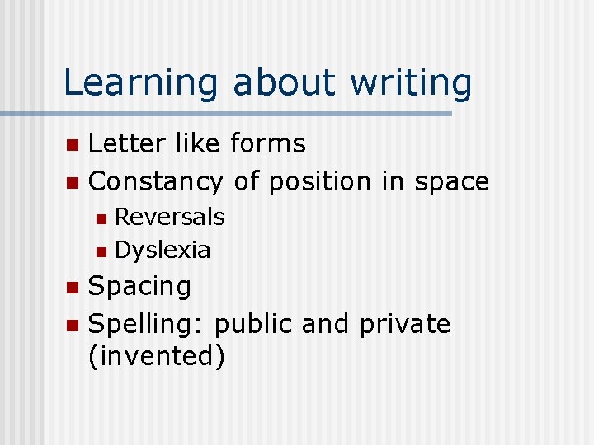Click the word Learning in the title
(x=141, y=83)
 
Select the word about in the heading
(x=284, y=83)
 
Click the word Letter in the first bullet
(x=123, y=143)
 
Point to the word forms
(x=267, y=143)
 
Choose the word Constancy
(x=155, y=180)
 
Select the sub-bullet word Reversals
(x=169, y=217)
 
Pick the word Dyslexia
(x=163, y=250)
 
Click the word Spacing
(x=139, y=287)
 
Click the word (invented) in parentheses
(x=156, y=357)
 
